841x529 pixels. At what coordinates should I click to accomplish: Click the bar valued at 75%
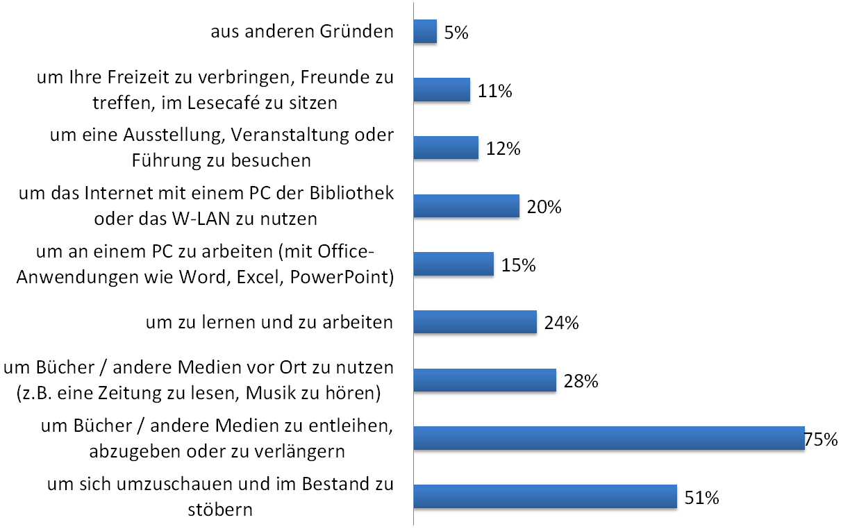(608, 439)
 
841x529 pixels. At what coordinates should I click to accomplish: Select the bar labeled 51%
(545, 497)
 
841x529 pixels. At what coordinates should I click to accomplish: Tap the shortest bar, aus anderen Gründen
(425, 31)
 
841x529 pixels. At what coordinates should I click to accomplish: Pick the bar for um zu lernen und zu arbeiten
(475, 322)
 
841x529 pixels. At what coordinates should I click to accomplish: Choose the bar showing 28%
(485, 380)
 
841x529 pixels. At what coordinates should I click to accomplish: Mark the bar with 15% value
(453, 264)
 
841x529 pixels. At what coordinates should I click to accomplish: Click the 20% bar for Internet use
(467, 206)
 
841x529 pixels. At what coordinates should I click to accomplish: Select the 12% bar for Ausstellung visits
(446, 148)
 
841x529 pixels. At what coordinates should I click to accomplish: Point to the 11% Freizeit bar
(442, 90)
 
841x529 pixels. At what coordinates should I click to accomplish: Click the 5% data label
(456, 33)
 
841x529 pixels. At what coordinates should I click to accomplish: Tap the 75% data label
(821, 439)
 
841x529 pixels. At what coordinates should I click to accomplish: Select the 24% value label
(562, 324)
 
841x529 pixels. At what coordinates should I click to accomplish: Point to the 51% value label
(701, 498)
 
